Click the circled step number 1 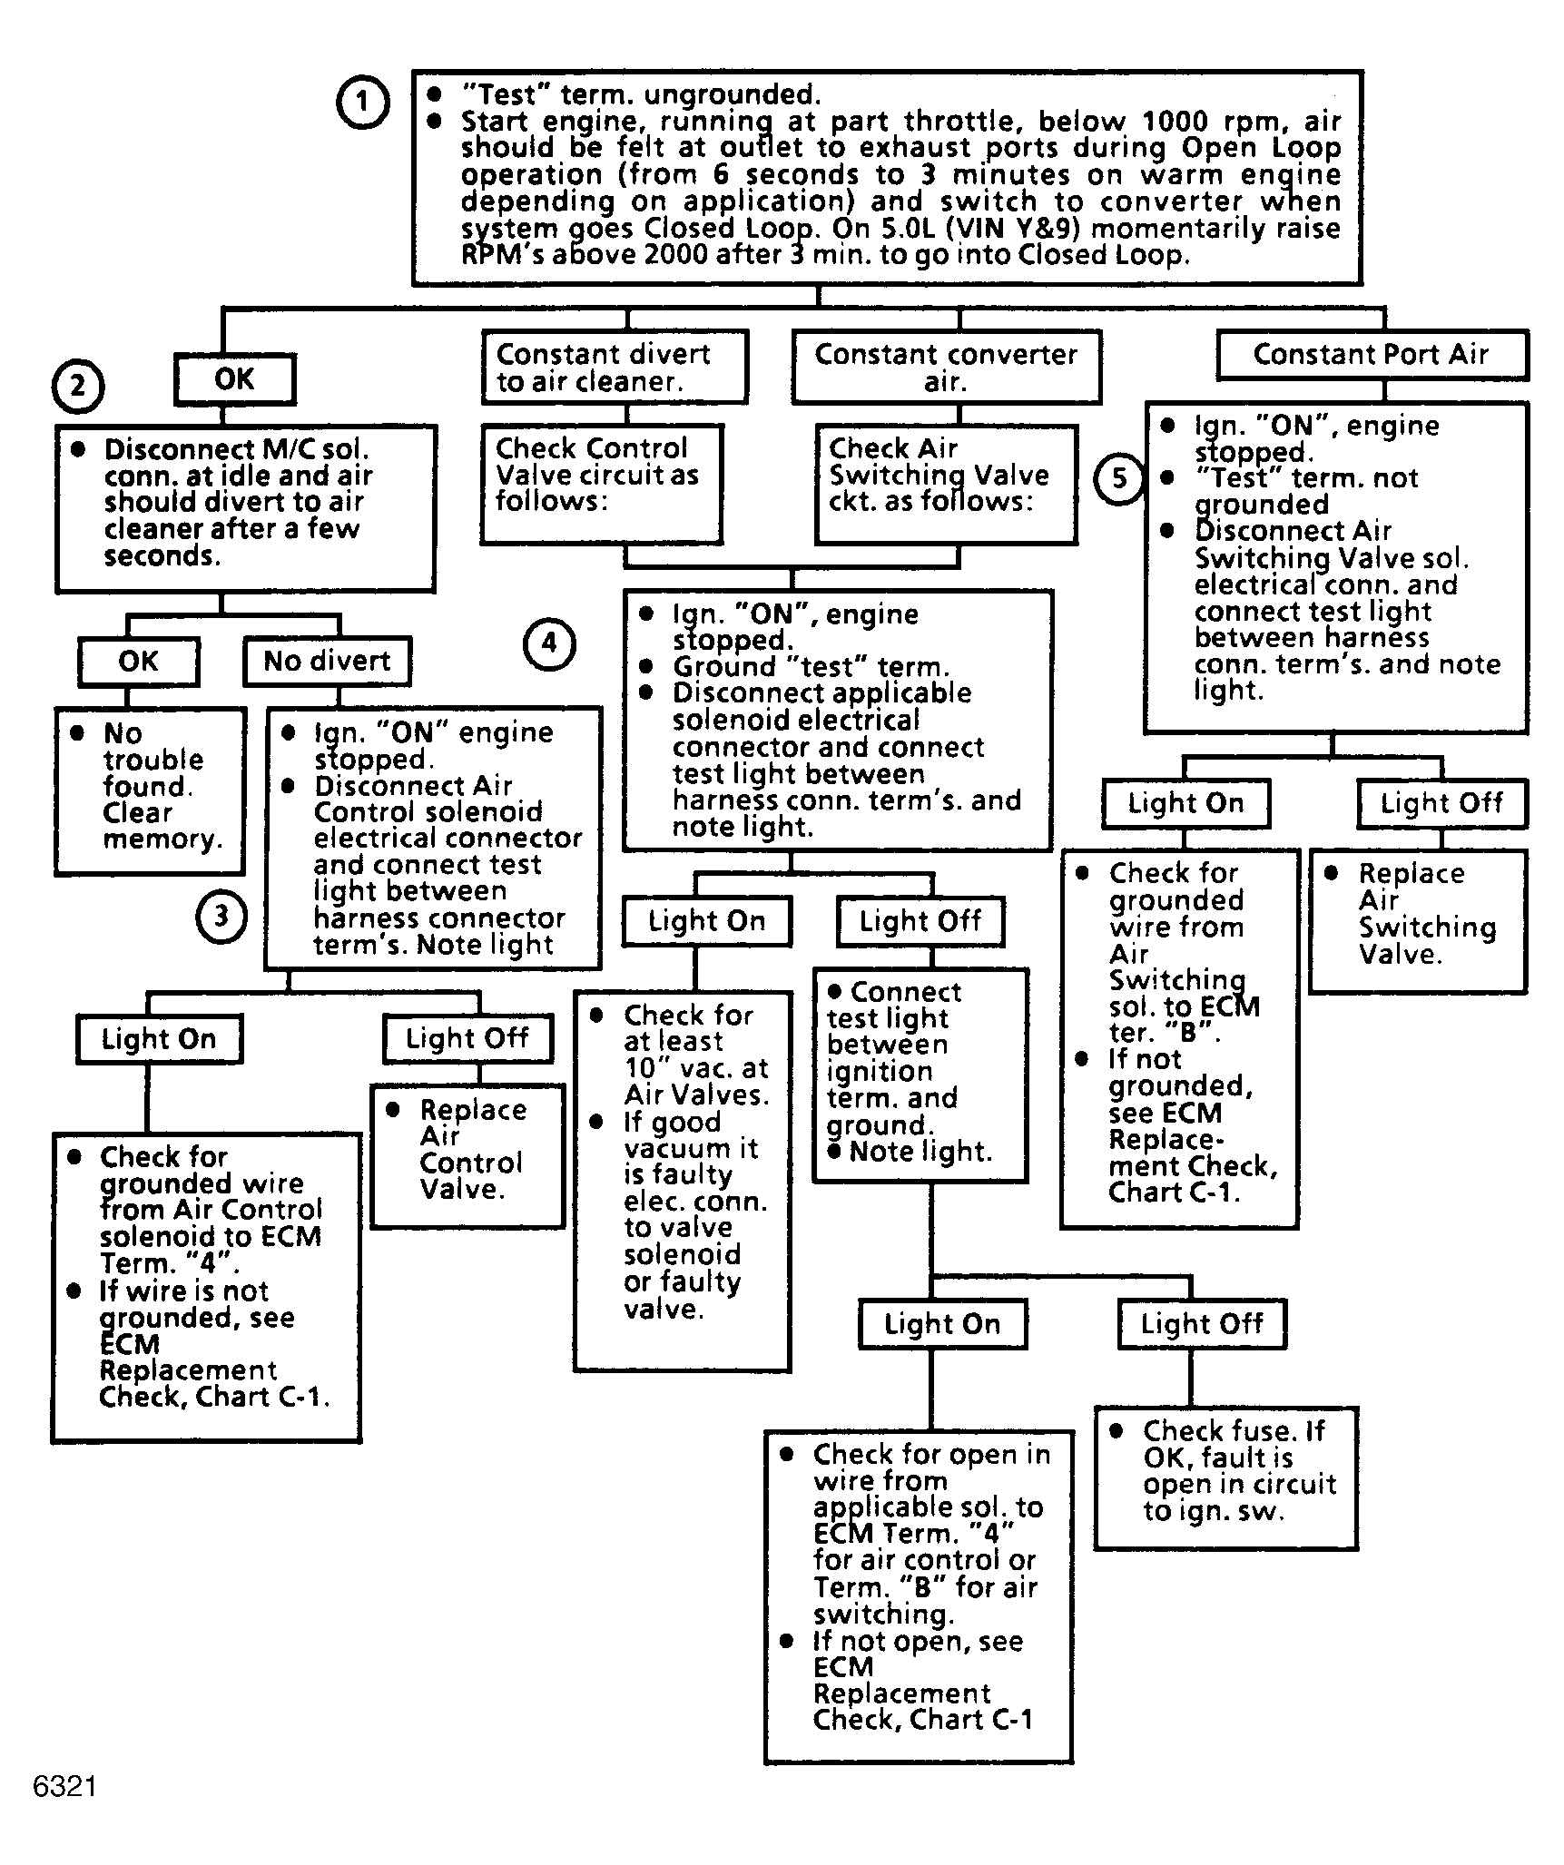click(x=363, y=102)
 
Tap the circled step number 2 click(x=78, y=387)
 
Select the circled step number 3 click(x=221, y=917)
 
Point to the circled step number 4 click(x=549, y=643)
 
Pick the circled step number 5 click(x=1119, y=478)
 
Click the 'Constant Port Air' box click(x=1372, y=355)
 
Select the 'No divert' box click(x=327, y=661)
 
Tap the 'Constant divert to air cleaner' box click(x=615, y=367)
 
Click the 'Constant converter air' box click(x=946, y=367)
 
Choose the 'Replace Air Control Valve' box click(x=467, y=1155)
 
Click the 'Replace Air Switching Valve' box click(x=1418, y=921)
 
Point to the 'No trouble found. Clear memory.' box click(x=151, y=791)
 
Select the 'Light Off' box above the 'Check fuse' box click(x=1202, y=1324)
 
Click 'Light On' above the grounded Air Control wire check click(x=159, y=1039)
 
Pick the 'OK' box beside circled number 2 click(x=234, y=378)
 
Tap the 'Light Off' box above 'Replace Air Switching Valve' click(x=1442, y=803)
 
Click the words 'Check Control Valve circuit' click(x=597, y=461)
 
